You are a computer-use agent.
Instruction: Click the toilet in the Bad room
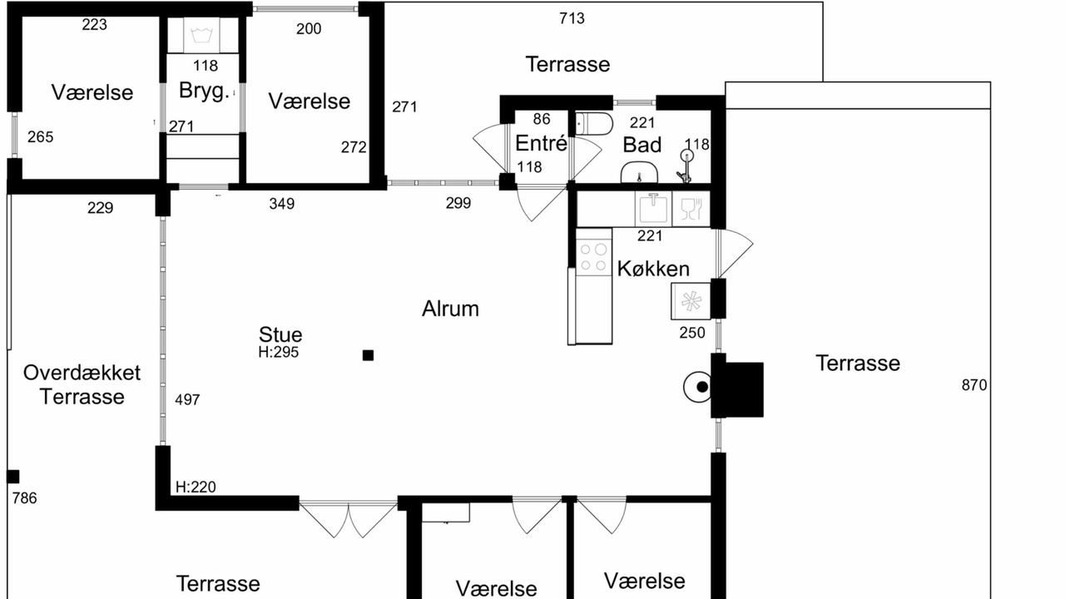pyautogui.click(x=593, y=123)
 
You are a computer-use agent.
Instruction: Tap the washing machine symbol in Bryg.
pyautogui.click(x=201, y=35)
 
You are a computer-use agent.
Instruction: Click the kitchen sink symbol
pyautogui.click(x=653, y=208)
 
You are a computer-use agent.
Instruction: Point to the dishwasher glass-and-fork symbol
pyautogui.click(x=691, y=209)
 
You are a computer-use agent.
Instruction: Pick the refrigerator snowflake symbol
pyautogui.click(x=691, y=301)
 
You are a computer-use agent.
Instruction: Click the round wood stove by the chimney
pyautogui.click(x=697, y=387)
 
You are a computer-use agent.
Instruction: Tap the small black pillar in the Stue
pyautogui.click(x=368, y=355)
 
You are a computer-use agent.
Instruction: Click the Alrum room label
pyautogui.click(x=450, y=309)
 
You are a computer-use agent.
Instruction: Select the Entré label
pyautogui.click(x=541, y=143)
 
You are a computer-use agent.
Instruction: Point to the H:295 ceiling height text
pyautogui.click(x=279, y=352)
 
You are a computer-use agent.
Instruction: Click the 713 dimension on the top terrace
pyautogui.click(x=572, y=18)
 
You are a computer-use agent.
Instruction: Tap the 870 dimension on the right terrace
pyautogui.click(x=974, y=385)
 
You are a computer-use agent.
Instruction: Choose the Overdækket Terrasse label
pyautogui.click(x=82, y=384)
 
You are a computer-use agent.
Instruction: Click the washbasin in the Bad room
pyautogui.click(x=640, y=172)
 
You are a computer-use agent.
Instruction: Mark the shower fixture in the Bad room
pyautogui.click(x=686, y=166)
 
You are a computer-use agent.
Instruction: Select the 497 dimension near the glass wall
pyautogui.click(x=187, y=400)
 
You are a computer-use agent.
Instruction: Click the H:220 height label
pyautogui.click(x=196, y=487)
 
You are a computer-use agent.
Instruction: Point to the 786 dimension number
pyautogui.click(x=25, y=498)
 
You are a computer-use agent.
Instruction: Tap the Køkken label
pyautogui.click(x=653, y=269)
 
